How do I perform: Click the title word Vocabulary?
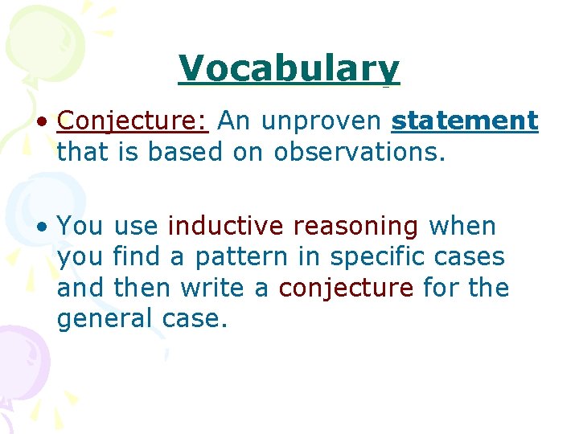tap(289, 69)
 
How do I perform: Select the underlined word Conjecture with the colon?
tap(133, 121)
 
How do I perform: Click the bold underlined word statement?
tap(464, 121)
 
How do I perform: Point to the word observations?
tap(359, 152)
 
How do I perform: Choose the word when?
tap(462, 227)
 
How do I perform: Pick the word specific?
tap(373, 257)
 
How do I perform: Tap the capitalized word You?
tap(80, 227)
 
